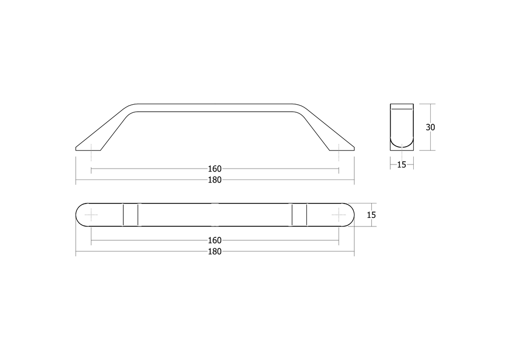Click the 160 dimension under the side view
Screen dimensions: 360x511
click(x=215, y=169)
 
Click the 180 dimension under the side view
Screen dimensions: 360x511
click(x=215, y=180)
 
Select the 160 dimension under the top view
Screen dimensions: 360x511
click(x=215, y=240)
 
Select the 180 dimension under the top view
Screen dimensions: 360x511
click(x=215, y=252)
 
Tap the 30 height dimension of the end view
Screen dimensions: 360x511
click(x=430, y=127)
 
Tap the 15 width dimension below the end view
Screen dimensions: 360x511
click(x=402, y=165)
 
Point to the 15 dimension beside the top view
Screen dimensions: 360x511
click(x=371, y=215)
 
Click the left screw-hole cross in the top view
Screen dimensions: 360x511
click(x=91, y=215)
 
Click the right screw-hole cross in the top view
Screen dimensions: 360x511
click(x=339, y=215)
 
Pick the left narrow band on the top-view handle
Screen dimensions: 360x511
click(x=130, y=215)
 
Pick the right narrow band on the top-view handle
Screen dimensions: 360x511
click(x=299, y=215)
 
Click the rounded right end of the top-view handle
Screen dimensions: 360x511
click(x=351, y=215)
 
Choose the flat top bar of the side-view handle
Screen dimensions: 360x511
click(x=215, y=108)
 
